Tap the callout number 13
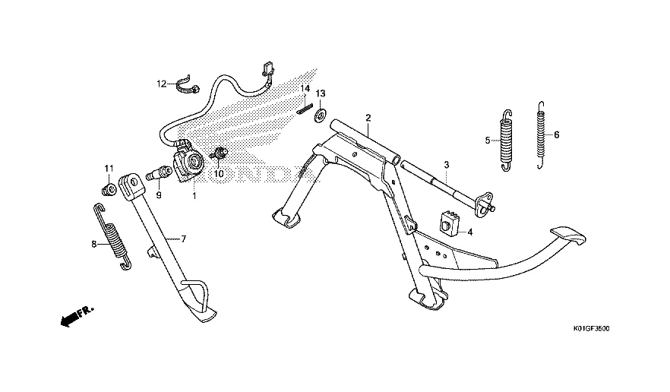321,93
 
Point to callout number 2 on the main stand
368,118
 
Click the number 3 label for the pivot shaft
447,164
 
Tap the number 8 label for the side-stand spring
94,245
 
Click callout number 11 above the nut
109,168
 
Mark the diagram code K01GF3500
591,329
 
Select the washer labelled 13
320,115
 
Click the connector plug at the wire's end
267,69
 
